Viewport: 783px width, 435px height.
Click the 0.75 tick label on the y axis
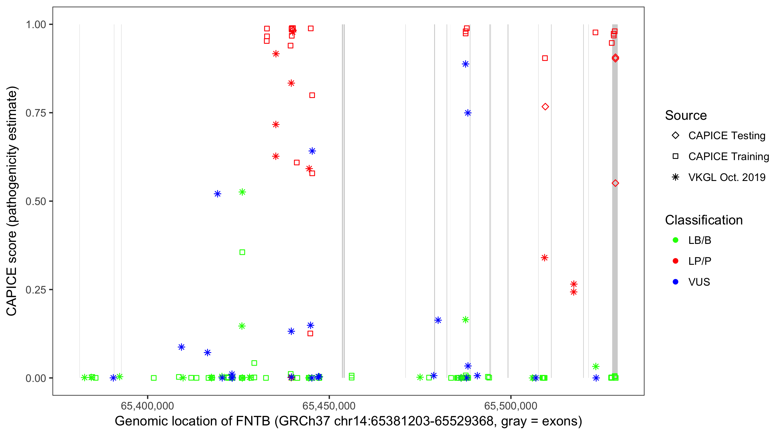tap(35, 113)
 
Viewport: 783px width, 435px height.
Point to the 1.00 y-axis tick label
tap(35, 25)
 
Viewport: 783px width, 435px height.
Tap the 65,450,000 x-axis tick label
tap(329, 406)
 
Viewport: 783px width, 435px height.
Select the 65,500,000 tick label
tap(511, 406)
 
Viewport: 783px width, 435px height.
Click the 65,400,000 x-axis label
tap(147, 406)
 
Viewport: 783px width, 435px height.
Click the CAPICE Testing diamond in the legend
tap(675, 136)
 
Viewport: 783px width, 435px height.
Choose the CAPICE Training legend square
tap(675, 157)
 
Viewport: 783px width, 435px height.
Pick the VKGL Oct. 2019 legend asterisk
tap(675, 177)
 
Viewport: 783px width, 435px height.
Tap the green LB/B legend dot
tap(675, 240)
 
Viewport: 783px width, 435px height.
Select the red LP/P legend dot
tap(675, 261)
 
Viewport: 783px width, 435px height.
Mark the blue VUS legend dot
tap(675, 282)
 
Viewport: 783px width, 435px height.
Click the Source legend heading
tap(686, 115)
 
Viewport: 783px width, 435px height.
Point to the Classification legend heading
tap(704, 220)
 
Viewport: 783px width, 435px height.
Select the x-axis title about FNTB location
tap(348, 421)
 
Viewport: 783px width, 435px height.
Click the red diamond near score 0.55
tap(615, 183)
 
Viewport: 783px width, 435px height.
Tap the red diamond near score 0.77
tap(545, 107)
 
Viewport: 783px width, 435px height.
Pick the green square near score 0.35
tap(242, 252)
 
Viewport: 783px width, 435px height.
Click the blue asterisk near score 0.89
tap(465, 64)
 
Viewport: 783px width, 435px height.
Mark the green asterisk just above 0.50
tap(242, 192)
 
